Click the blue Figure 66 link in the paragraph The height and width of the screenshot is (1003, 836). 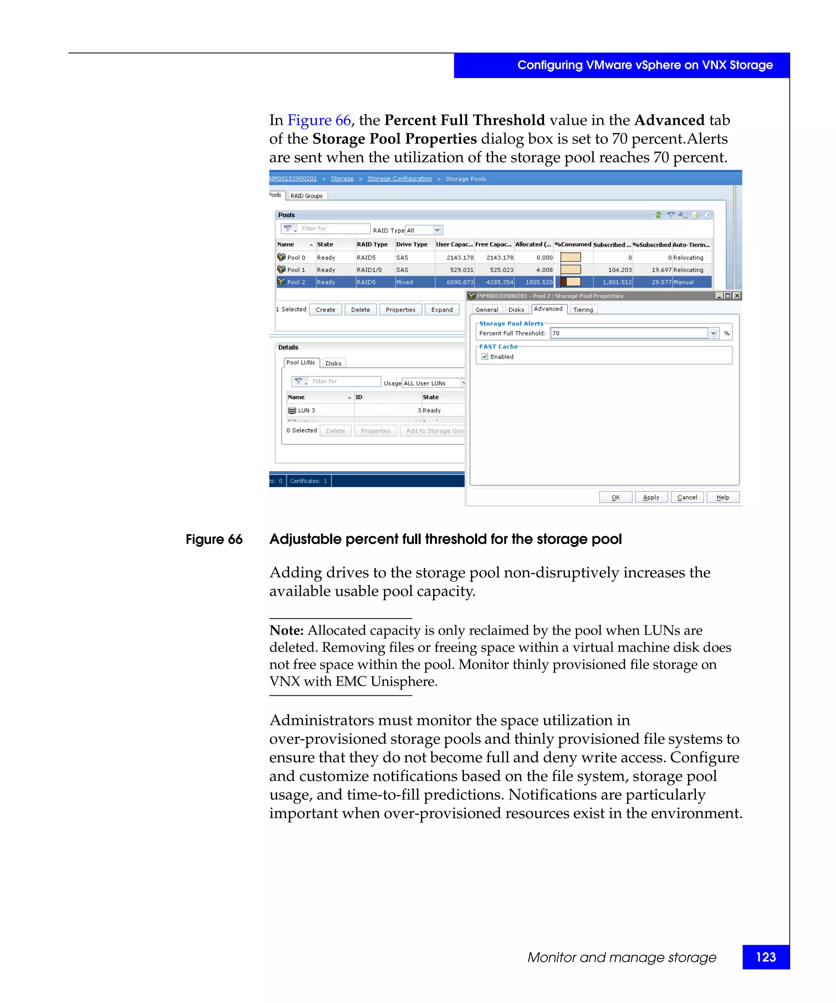[x=319, y=120]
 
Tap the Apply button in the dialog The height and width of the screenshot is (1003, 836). [x=651, y=497]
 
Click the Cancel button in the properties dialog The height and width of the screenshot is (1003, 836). [x=687, y=497]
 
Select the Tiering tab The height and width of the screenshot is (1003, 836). [x=583, y=309]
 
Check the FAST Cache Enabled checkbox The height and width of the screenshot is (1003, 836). [x=485, y=357]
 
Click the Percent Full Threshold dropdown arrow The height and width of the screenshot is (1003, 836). [x=713, y=333]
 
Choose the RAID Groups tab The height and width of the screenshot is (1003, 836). [x=306, y=196]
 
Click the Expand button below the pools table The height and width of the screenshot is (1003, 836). [x=441, y=309]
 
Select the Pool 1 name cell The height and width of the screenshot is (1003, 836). [x=296, y=270]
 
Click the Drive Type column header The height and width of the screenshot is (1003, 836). [x=411, y=244]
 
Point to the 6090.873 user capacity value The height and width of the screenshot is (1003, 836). [x=460, y=282]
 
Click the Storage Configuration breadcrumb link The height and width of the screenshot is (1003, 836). [x=399, y=179]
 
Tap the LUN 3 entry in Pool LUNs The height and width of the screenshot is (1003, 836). [x=306, y=410]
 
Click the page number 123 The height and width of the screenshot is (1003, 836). [x=765, y=957]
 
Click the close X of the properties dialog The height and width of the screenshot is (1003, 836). [x=737, y=296]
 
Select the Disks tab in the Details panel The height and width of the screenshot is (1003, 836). [x=333, y=364]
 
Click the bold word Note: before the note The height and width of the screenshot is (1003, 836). [x=286, y=630]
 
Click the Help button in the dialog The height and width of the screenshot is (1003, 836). [x=722, y=497]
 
